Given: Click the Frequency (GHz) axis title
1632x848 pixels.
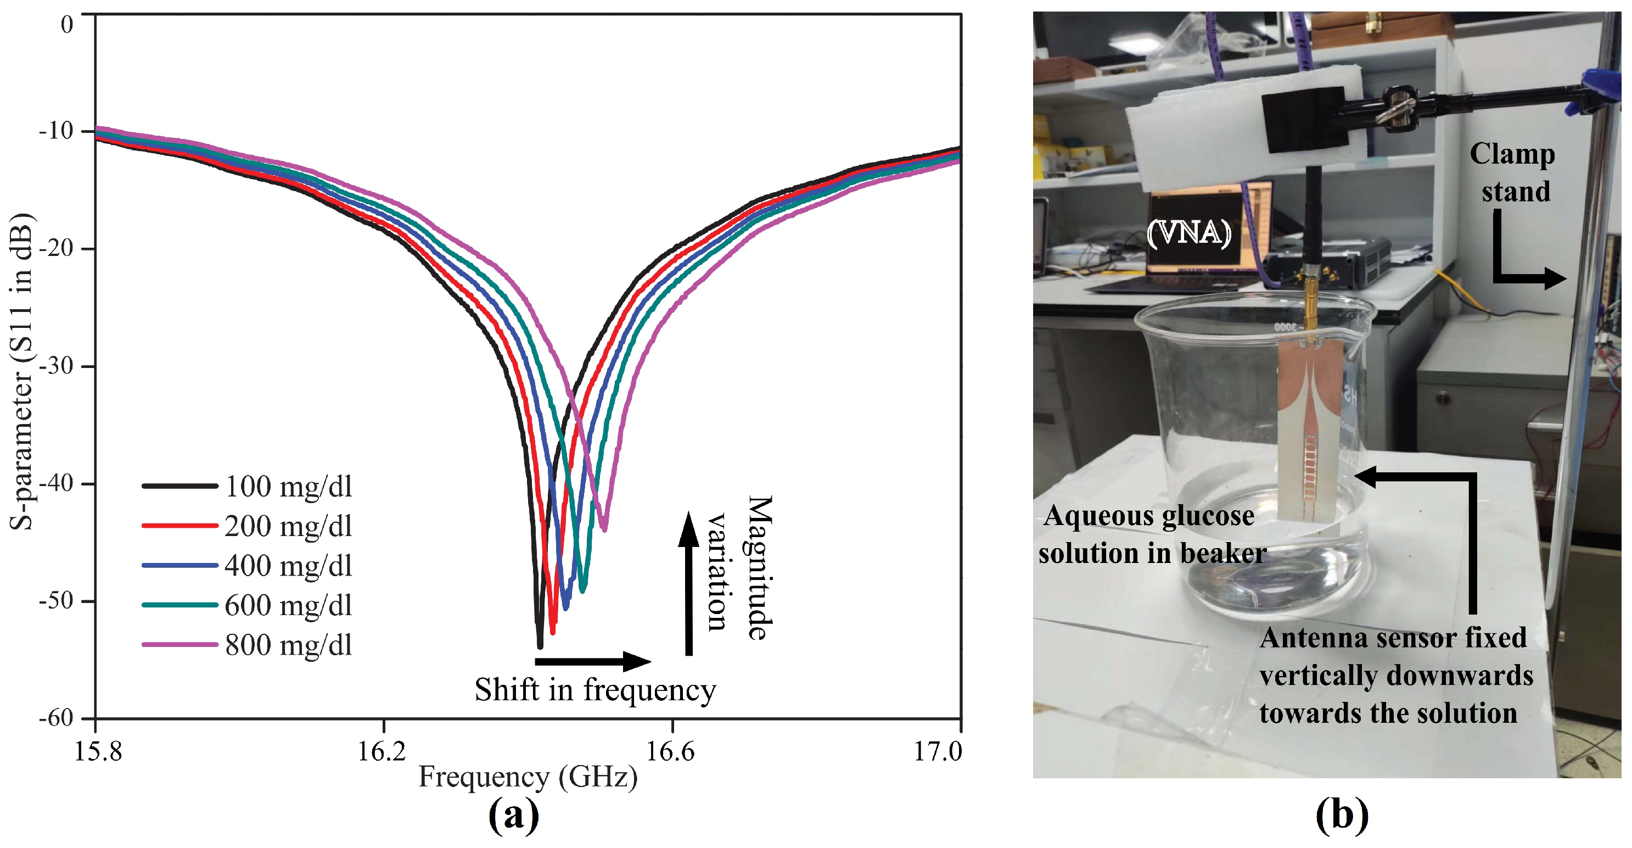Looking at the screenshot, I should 528,777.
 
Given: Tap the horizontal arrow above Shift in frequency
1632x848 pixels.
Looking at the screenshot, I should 592,662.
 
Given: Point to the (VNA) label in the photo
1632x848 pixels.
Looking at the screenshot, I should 1189,233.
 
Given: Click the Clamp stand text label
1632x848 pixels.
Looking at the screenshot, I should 1513,172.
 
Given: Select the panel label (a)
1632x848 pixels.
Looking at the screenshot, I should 513,816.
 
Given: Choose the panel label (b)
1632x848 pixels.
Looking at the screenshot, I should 1341,816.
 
